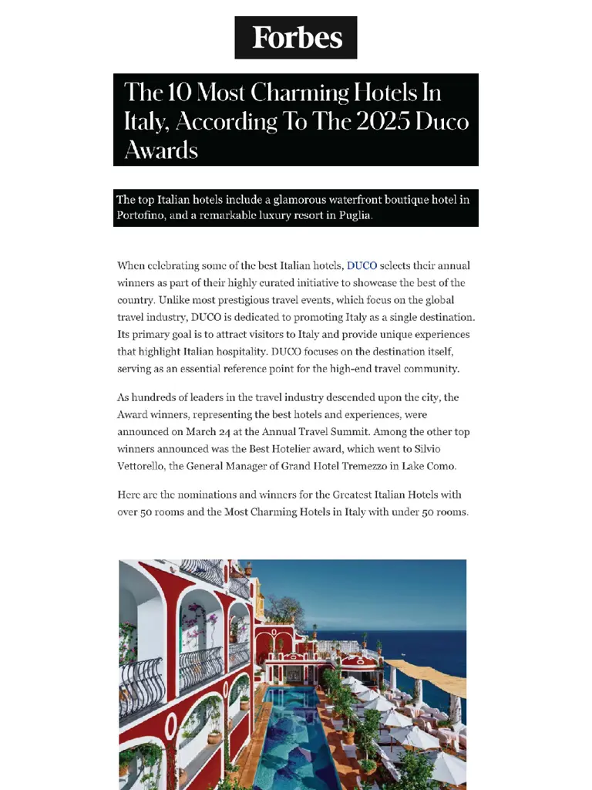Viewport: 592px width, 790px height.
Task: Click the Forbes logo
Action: coord(296,37)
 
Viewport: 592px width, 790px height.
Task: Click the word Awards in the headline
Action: coord(160,149)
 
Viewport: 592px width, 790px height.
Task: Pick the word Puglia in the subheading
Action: coord(354,215)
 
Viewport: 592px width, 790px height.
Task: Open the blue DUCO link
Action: coord(362,266)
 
